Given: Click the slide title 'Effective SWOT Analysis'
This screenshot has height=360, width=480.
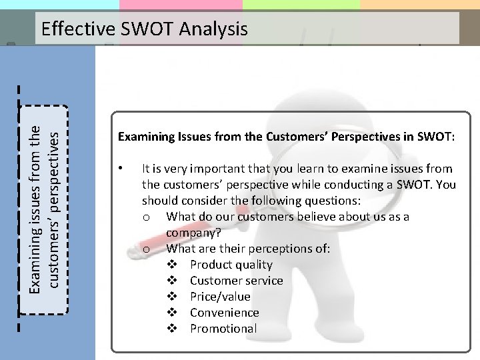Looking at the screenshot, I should (144, 29).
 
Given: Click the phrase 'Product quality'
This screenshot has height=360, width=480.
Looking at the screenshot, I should (231, 265).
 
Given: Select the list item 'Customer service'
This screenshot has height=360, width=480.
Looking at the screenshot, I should (236, 281).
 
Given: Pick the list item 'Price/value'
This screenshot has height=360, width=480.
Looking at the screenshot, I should (220, 297).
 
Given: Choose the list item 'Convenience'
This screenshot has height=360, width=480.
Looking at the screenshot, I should (224, 313).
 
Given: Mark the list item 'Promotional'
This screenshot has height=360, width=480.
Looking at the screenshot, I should (223, 329).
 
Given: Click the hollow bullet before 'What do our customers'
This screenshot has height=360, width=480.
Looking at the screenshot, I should (145, 217).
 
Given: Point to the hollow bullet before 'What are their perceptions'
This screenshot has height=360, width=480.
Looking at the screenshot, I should (145, 249).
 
